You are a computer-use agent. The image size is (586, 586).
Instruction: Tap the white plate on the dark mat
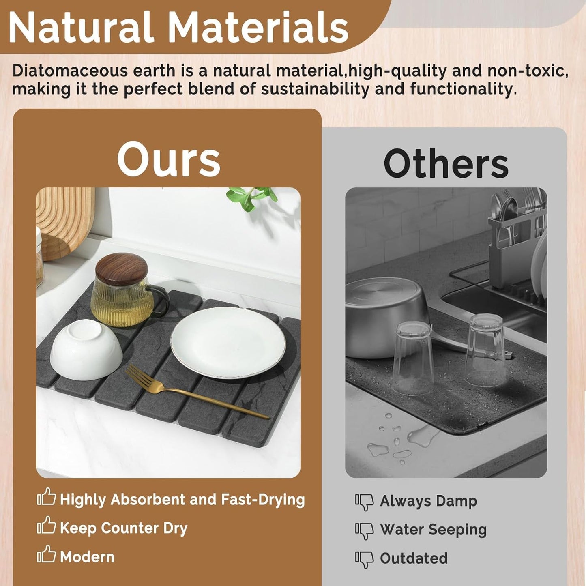click(x=228, y=343)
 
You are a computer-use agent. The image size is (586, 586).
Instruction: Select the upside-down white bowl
click(x=86, y=350)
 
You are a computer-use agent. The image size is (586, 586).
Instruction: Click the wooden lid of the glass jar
click(x=122, y=269)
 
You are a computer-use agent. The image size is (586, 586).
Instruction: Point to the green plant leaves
click(x=252, y=199)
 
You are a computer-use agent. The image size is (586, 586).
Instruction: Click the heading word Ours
click(x=169, y=160)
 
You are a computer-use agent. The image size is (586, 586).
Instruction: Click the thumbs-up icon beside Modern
click(x=47, y=558)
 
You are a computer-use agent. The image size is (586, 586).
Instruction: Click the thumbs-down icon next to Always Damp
click(x=364, y=505)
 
